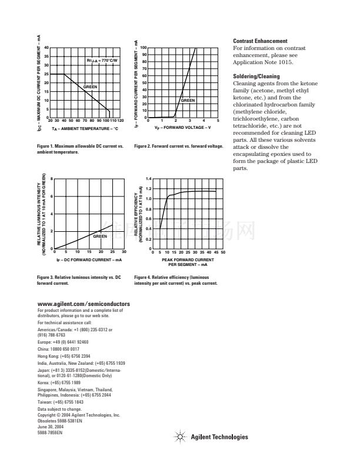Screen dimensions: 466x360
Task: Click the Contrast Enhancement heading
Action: click(261, 41)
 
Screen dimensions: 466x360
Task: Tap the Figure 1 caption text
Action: click(79, 149)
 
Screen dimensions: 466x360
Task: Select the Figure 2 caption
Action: click(178, 146)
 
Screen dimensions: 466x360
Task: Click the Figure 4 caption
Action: click(175, 279)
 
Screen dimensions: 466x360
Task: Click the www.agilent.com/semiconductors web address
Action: click(83, 304)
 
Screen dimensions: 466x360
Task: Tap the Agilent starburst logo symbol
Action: click(180, 437)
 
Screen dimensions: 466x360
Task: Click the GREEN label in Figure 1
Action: click(90, 86)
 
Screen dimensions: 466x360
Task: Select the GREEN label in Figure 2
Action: click(188, 101)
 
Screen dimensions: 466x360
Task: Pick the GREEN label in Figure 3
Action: click(100, 235)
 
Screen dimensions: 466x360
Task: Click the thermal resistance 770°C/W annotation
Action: click(102, 61)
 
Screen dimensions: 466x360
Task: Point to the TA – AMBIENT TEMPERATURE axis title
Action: click(85, 128)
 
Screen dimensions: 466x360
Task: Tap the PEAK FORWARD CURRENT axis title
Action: click(188, 261)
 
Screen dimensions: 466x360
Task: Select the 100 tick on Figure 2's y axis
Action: click(143, 48)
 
